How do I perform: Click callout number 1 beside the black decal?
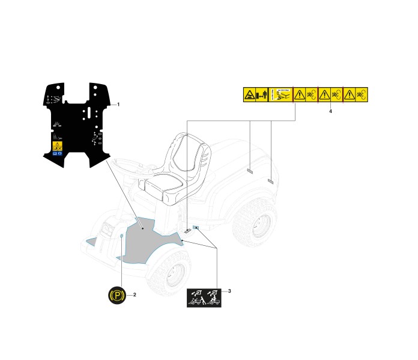pos(118,105)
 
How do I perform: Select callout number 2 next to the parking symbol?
pos(135,294)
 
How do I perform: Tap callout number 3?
pos(229,291)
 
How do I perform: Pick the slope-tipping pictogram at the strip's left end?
pos(249,95)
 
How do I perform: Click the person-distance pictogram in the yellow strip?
pos(261,95)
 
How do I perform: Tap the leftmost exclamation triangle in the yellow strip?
pos(299,95)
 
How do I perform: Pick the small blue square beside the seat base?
pos(195,227)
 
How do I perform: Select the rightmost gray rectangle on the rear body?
pos(271,180)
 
